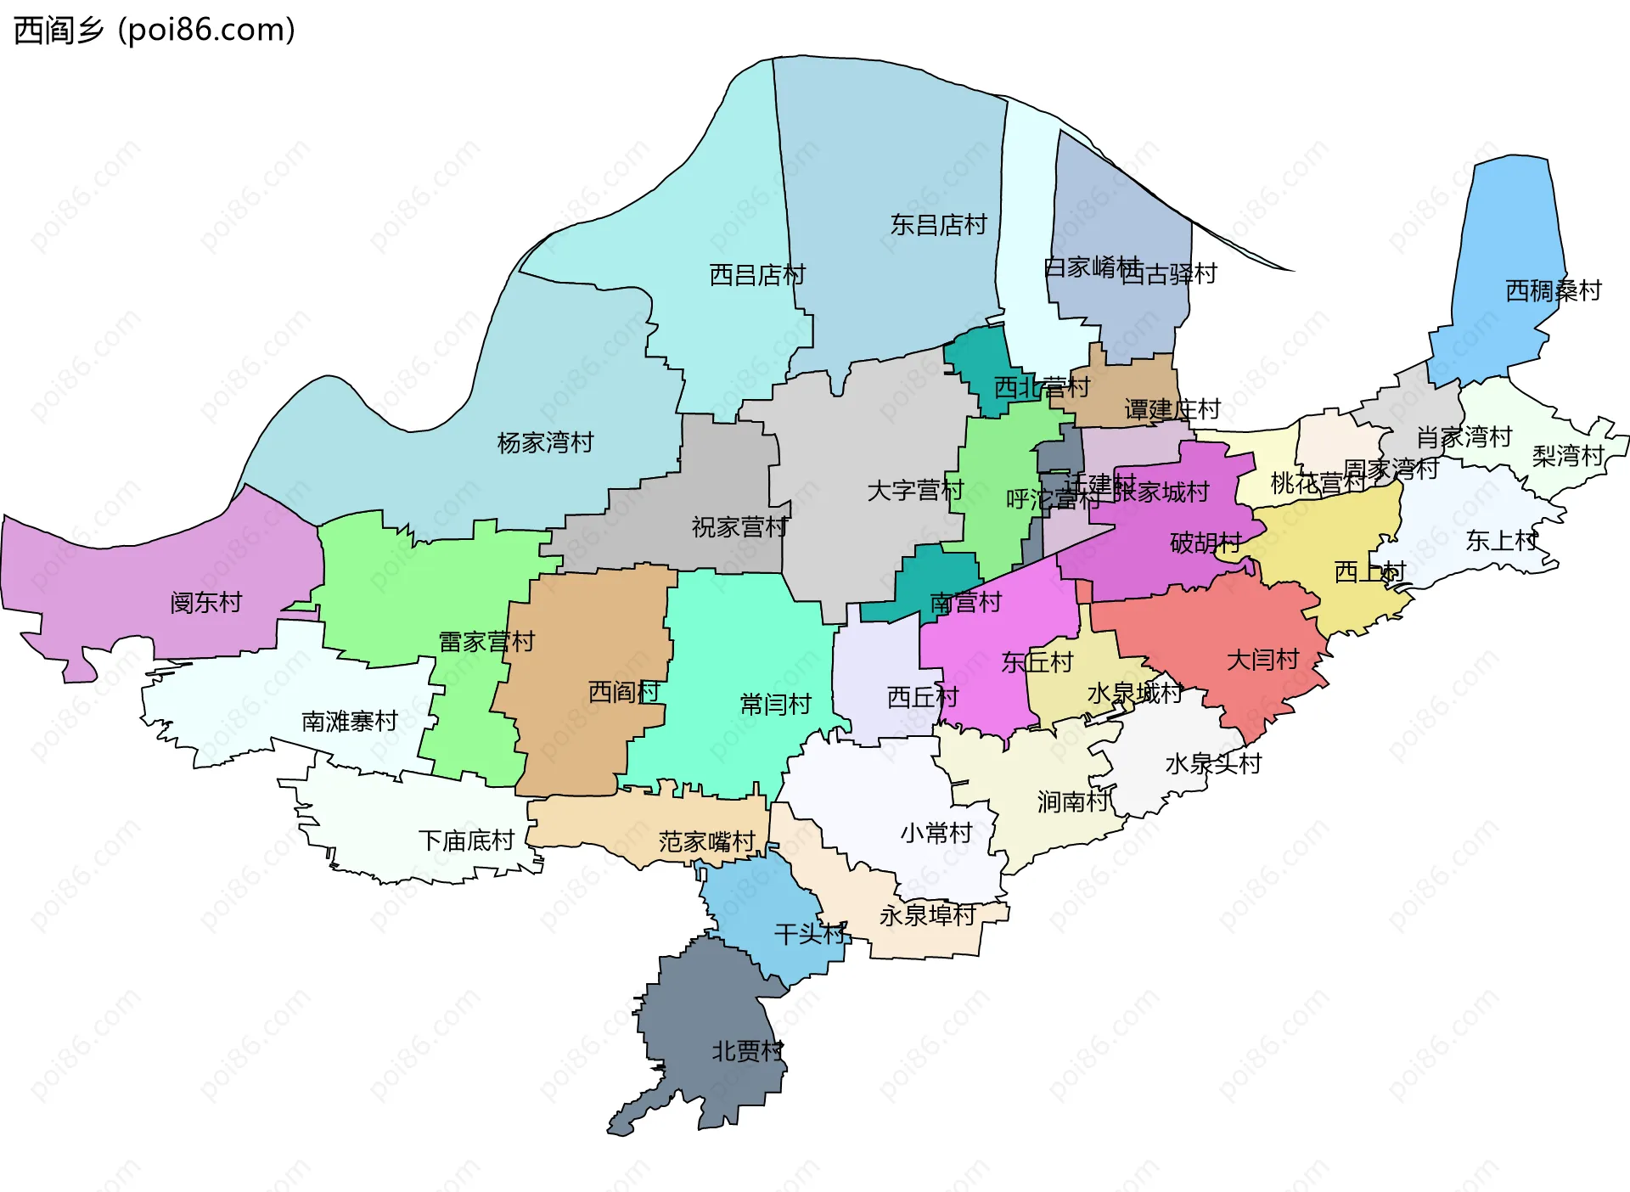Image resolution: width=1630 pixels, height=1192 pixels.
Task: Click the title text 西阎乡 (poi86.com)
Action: click(x=155, y=30)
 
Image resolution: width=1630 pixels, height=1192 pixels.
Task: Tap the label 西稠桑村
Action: click(x=1553, y=291)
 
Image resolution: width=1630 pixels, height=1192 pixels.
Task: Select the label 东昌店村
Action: click(x=938, y=225)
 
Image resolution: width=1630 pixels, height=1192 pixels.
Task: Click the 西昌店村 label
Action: click(x=756, y=275)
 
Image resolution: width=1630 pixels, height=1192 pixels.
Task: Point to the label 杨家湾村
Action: click(x=545, y=442)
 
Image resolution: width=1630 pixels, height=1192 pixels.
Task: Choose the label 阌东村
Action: click(x=206, y=603)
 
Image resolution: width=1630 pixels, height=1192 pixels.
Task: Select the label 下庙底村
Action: click(x=466, y=841)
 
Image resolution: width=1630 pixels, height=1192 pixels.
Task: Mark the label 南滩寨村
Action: click(x=350, y=722)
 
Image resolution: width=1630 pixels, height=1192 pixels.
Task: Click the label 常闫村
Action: click(x=775, y=704)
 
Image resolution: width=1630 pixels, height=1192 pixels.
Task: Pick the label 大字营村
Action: click(x=915, y=491)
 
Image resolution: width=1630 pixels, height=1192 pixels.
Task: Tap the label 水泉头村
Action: click(x=1213, y=763)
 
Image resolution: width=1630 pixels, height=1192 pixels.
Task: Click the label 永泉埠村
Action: click(x=927, y=915)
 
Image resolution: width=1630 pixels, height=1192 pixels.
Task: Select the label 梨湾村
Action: click(x=1567, y=456)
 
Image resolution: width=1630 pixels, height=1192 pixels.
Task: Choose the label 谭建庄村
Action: click(x=1172, y=410)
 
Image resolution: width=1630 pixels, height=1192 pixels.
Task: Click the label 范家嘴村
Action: click(x=706, y=841)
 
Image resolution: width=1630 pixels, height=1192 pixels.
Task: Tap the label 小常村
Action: click(x=936, y=833)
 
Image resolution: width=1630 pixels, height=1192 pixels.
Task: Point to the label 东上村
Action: click(x=1501, y=541)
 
